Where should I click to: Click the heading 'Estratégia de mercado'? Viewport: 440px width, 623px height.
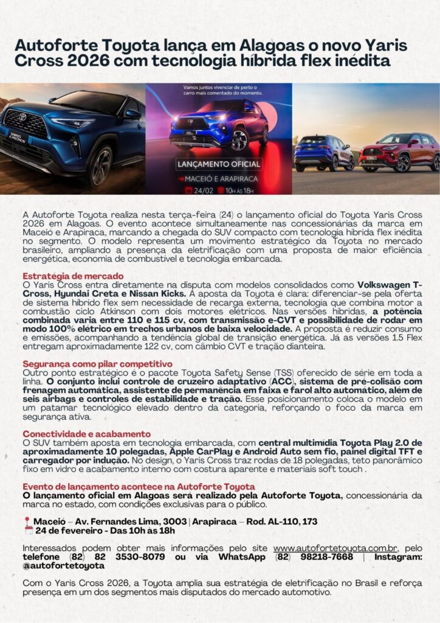click(x=73, y=276)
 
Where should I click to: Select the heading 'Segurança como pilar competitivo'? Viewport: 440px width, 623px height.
click(x=97, y=364)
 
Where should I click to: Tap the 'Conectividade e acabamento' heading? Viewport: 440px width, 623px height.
click(x=86, y=434)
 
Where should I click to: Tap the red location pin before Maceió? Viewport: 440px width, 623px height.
click(x=27, y=522)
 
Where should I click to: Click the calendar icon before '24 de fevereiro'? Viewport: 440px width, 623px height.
click(x=27, y=531)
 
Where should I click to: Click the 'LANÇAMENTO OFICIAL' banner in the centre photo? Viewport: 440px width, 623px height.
click(x=219, y=164)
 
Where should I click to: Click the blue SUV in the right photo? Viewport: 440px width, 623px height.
click(x=324, y=153)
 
